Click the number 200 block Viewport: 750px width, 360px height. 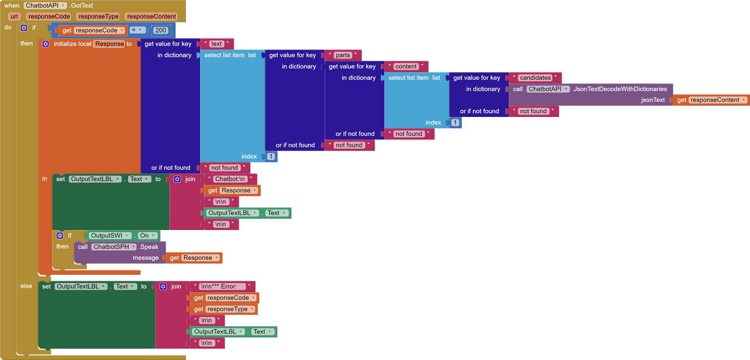click(160, 30)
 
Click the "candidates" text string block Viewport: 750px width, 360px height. click(535, 78)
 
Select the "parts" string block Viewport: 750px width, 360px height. click(342, 55)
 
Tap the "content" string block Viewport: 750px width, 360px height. click(405, 66)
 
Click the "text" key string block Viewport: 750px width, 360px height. click(216, 44)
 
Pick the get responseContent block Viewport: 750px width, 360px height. click(711, 100)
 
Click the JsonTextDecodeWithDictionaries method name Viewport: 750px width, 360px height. click(619, 89)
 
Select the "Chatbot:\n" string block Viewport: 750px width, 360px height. click(230, 179)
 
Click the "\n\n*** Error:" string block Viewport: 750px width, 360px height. click(222, 287)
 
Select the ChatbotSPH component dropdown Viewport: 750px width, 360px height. click(114, 247)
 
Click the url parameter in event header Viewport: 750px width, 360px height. click(14, 16)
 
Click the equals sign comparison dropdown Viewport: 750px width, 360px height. click(137, 30)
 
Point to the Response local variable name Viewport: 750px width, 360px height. click(109, 44)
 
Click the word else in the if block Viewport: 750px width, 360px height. click(26, 286)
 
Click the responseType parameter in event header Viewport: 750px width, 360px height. click(98, 16)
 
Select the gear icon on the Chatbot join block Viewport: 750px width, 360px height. click(177, 179)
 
